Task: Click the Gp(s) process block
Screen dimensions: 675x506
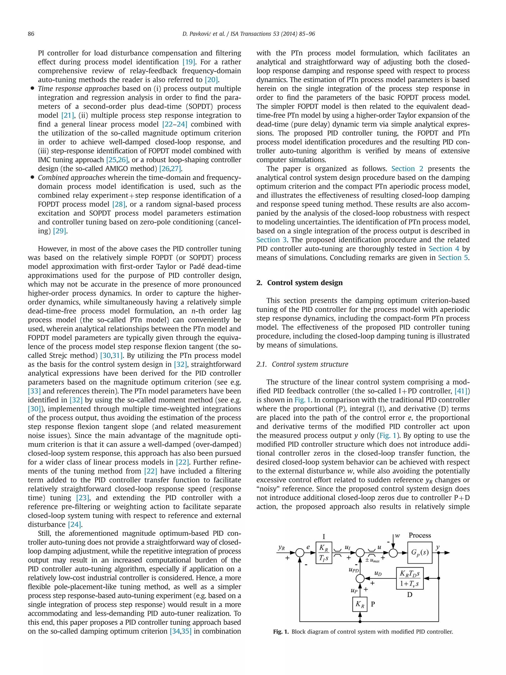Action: [x=420, y=553]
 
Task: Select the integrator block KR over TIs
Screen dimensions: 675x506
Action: [x=324, y=553]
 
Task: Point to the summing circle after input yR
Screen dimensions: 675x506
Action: [x=300, y=553]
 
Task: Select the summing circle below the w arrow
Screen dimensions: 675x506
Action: [x=393, y=553]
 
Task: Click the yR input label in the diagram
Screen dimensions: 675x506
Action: [x=281, y=548]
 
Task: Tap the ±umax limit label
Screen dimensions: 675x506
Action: [x=372, y=561]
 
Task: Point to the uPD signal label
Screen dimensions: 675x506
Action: [x=354, y=570]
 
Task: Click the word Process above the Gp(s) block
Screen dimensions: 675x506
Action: [x=420, y=535]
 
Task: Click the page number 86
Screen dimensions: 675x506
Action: [x=31, y=34]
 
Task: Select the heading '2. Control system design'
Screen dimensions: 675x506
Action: [x=299, y=283]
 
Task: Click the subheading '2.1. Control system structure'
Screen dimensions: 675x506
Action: [x=302, y=364]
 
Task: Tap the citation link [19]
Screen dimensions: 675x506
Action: [x=189, y=62]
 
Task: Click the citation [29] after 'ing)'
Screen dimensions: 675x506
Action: [x=60, y=231]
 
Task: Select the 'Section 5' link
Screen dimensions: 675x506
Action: [x=453, y=258]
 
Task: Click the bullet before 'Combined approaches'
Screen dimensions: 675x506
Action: [x=32, y=178]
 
